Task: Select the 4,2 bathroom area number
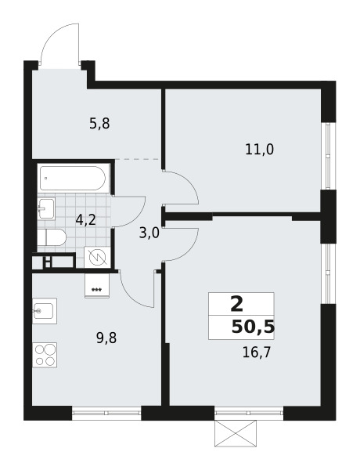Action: coord(86,220)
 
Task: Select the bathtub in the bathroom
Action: coord(74,179)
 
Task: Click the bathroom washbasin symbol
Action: coord(45,208)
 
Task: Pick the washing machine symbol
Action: coord(97,257)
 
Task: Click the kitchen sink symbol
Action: coord(46,313)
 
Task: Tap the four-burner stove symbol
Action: coord(45,355)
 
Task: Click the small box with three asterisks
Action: coord(97,286)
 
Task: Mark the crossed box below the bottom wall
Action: coord(236,433)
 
